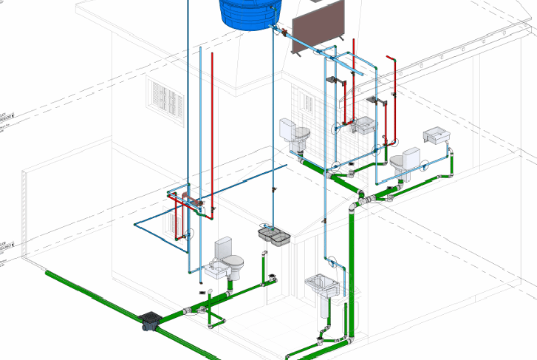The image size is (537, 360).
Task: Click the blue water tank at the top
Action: [x=247, y=13]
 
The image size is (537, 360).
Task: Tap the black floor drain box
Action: [x=151, y=322]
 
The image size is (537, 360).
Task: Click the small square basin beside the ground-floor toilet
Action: [x=213, y=271]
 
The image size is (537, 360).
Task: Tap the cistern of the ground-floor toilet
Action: [x=224, y=247]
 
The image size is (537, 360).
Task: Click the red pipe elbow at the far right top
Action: [x=391, y=60]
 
